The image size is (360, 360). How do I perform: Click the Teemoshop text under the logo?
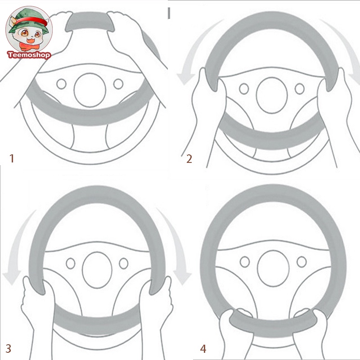[x=29, y=55]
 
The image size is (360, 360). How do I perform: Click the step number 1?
[x=12, y=158]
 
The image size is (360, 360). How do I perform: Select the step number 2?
[x=189, y=159]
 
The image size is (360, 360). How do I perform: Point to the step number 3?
[x=8, y=348]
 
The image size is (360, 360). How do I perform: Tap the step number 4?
[x=203, y=348]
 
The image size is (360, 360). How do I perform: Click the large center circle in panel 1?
[x=90, y=90]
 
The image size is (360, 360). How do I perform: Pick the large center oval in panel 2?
[x=272, y=95]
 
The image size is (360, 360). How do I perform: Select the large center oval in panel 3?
[x=97, y=270]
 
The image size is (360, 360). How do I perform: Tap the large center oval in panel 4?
[x=273, y=268]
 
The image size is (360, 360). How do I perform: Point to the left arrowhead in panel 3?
[x=12, y=277]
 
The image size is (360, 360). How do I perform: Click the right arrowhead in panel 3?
[x=182, y=277]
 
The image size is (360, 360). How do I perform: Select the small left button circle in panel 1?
[x=61, y=84]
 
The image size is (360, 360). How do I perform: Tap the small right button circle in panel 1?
[x=118, y=84]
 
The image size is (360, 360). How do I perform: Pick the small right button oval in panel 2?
[x=300, y=89]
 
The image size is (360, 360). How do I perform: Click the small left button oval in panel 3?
[x=71, y=263]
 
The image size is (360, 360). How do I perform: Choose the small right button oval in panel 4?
[x=301, y=262]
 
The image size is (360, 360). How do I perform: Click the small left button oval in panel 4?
[x=245, y=262]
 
